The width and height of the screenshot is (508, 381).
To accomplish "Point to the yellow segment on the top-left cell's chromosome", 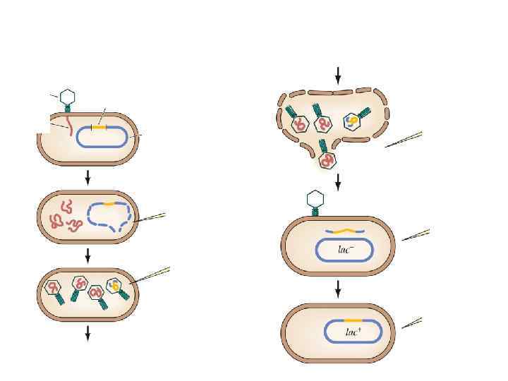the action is tap(99, 126).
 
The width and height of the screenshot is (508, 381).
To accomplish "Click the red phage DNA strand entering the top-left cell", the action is tap(69, 126).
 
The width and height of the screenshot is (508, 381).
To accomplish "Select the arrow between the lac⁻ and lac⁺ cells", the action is tap(339, 288).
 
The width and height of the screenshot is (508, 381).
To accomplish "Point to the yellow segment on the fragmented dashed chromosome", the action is tap(109, 203).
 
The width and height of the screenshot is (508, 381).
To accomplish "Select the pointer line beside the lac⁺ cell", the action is tap(412, 323).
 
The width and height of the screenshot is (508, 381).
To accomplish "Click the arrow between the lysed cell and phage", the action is tap(339, 181).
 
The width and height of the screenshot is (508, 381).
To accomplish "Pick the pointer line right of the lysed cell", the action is tap(404, 140).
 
